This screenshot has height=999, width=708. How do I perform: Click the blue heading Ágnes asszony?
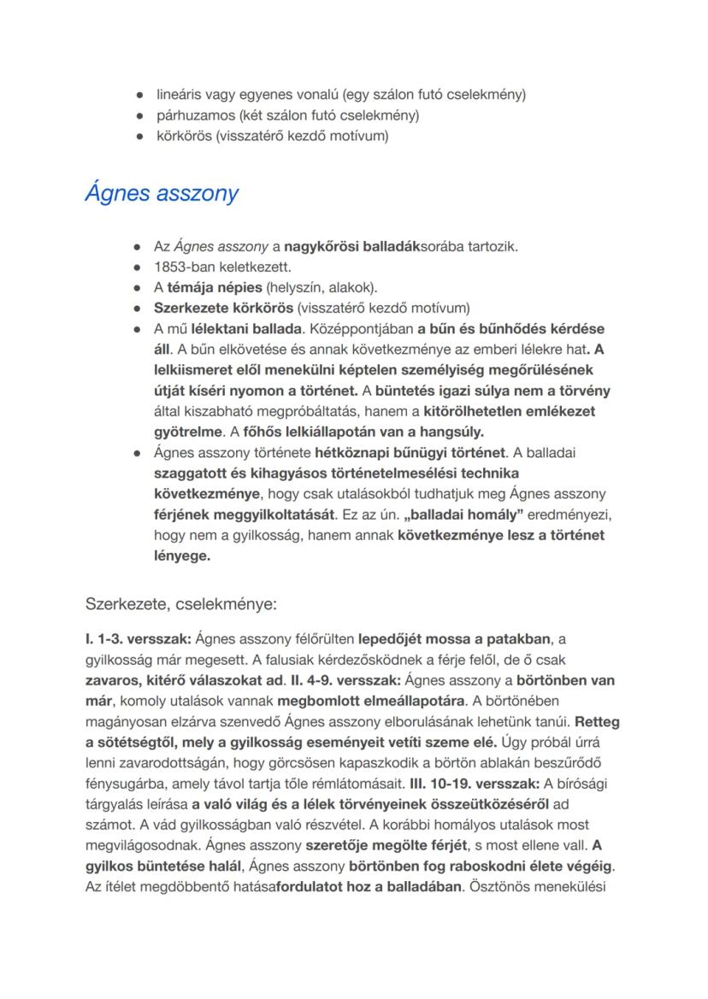coord(162,193)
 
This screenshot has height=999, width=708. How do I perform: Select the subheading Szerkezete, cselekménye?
coord(181,604)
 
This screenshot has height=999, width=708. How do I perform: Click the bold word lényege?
coord(181,555)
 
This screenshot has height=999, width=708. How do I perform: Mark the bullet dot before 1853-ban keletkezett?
coord(137,267)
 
